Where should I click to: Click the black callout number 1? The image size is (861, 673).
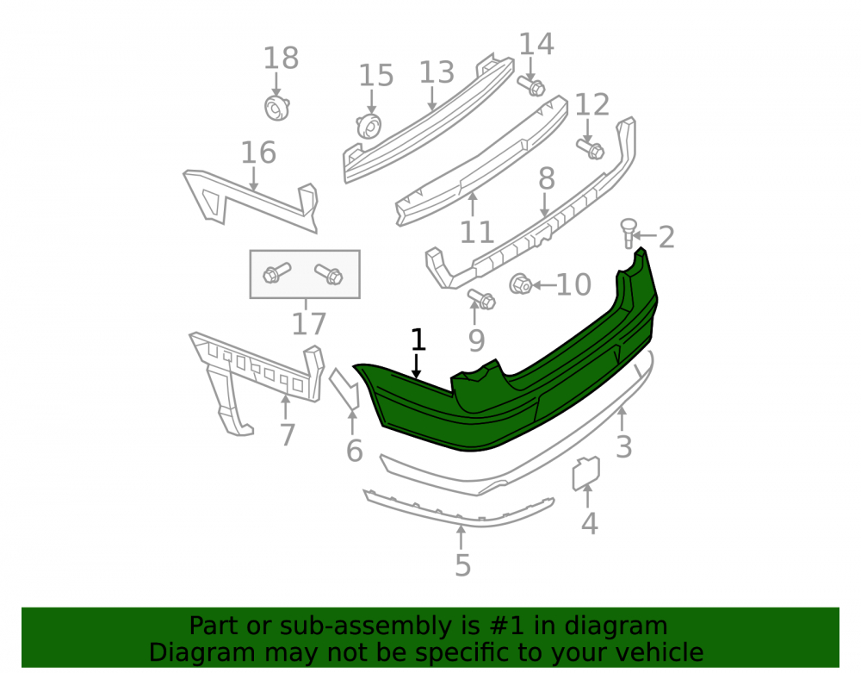pyautogui.click(x=418, y=340)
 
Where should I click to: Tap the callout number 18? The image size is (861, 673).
pyautogui.click(x=282, y=58)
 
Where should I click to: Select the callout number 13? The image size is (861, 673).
pyautogui.click(x=437, y=72)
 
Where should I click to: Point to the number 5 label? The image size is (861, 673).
pyautogui.click(x=463, y=565)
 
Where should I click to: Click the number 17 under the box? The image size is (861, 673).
pyautogui.click(x=308, y=324)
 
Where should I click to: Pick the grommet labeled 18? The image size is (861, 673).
pyautogui.click(x=277, y=108)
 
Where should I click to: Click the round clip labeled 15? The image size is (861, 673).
pyautogui.click(x=369, y=127)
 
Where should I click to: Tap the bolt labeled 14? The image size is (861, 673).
pyautogui.click(x=531, y=85)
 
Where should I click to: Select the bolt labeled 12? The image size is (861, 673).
pyautogui.click(x=591, y=148)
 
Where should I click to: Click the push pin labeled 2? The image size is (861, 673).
pyautogui.click(x=629, y=233)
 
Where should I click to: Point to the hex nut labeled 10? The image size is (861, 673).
pyautogui.click(x=520, y=284)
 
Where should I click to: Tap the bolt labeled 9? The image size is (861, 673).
pyautogui.click(x=481, y=299)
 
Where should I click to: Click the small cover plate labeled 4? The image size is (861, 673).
pyautogui.click(x=585, y=473)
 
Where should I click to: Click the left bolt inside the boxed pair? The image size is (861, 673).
pyautogui.click(x=276, y=272)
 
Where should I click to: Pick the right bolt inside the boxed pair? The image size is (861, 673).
pyautogui.click(x=329, y=274)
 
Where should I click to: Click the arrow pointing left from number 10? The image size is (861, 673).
pyautogui.click(x=543, y=284)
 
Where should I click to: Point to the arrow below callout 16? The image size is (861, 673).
pyautogui.click(x=254, y=179)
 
